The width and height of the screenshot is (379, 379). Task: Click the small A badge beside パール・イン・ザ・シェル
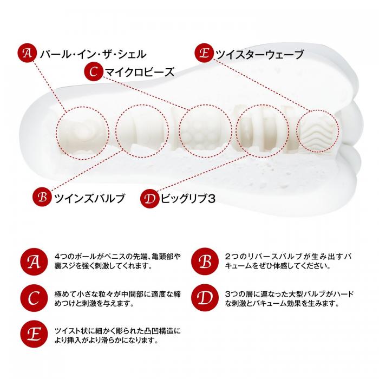(27, 53)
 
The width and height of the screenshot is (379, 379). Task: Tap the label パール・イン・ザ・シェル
(93, 54)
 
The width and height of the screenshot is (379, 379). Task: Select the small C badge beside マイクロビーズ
(94, 72)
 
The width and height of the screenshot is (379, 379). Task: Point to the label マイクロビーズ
(140, 72)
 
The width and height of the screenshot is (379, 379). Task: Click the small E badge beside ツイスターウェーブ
(204, 53)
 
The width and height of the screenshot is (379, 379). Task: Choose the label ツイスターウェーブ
(259, 54)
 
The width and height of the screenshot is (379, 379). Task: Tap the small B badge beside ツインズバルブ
(42, 197)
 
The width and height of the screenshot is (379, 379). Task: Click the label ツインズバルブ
(90, 198)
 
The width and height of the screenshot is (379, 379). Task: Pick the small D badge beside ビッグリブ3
(149, 199)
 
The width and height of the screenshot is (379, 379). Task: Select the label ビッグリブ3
(188, 199)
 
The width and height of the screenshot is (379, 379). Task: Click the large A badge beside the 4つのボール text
(34, 262)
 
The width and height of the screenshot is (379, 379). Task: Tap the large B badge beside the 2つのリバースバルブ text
(205, 262)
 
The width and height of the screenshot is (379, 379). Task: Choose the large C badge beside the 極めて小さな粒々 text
(34, 298)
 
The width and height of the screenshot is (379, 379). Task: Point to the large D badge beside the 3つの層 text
(205, 298)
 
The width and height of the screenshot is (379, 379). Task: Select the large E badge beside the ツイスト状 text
(34, 334)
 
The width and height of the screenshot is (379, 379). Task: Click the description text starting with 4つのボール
(117, 262)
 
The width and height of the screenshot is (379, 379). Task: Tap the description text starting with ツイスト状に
(117, 336)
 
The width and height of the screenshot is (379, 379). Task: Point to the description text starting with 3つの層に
(289, 298)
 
